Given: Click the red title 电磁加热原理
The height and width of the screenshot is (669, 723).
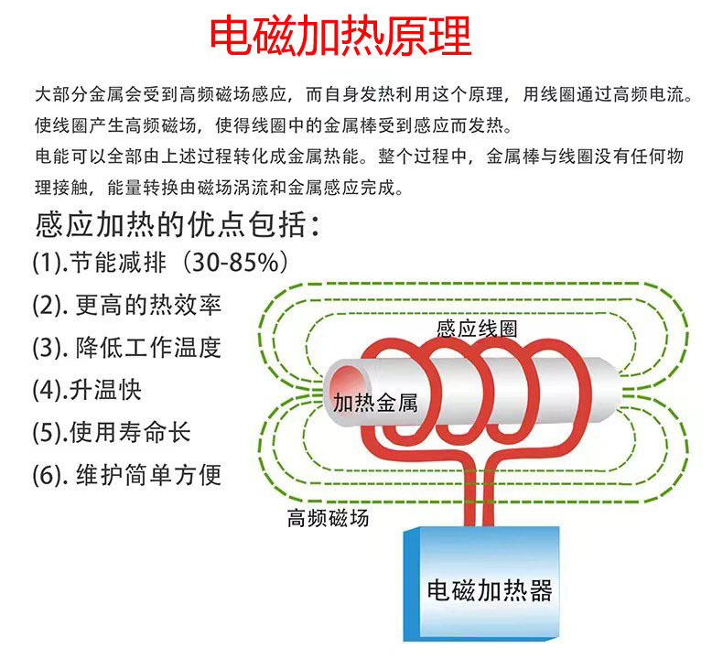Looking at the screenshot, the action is coord(340,36).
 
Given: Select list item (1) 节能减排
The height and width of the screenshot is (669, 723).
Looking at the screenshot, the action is coord(99,263).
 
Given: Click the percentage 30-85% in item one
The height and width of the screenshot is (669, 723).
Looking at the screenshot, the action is coord(235,263).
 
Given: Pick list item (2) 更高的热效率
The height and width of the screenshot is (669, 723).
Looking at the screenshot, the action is coord(127,305).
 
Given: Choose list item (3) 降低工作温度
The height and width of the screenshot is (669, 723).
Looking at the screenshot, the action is coord(127,347).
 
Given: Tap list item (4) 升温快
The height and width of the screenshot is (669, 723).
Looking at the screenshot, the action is coord(87,390).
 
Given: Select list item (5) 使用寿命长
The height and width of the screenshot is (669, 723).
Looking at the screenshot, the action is coord(112,433).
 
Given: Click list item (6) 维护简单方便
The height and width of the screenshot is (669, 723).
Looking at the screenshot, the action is coord(127,475).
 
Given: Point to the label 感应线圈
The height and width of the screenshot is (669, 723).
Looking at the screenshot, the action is coord(477,329).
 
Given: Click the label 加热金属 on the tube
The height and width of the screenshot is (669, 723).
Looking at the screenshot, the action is coord(375,403).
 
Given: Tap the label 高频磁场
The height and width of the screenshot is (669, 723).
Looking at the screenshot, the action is coord(328,518).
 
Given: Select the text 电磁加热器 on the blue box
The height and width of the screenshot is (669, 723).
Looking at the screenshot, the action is coord(490,590).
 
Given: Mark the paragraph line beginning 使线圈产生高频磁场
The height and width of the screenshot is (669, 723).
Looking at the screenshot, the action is coord(273,125).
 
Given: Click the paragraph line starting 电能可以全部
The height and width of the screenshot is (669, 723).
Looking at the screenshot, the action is coord(359,156).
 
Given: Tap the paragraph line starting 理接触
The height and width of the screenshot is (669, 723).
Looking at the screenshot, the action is coord(219,188).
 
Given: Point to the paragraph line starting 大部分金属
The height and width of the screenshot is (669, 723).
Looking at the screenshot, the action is coord(363,94).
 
